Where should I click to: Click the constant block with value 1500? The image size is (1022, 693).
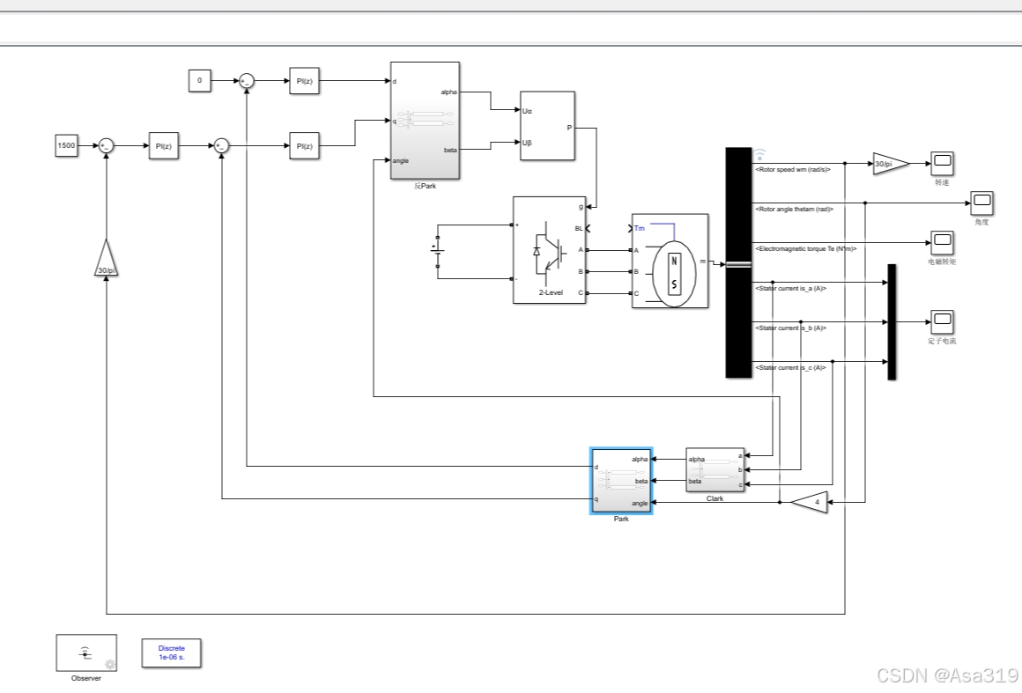(x=66, y=145)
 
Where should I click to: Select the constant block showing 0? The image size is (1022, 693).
(x=199, y=81)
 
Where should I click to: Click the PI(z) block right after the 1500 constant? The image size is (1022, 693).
(x=163, y=146)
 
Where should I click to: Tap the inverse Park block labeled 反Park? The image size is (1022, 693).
(x=425, y=120)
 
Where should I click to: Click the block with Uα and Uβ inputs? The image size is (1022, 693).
(x=547, y=126)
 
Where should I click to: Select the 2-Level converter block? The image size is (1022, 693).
(x=549, y=250)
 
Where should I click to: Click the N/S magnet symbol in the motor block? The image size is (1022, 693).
(x=675, y=272)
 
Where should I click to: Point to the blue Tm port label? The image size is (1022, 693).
(x=640, y=228)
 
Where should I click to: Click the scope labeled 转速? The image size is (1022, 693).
(x=943, y=162)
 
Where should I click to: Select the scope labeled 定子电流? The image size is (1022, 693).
(x=943, y=321)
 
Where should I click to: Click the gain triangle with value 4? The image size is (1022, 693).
(x=811, y=503)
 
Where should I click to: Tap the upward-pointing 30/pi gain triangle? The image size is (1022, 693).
(x=106, y=261)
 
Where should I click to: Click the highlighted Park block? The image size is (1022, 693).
(x=621, y=481)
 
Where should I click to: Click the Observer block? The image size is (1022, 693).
(x=86, y=653)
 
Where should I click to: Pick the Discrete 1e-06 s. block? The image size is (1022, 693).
(x=171, y=653)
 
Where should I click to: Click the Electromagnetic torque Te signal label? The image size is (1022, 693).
(x=805, y=249)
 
